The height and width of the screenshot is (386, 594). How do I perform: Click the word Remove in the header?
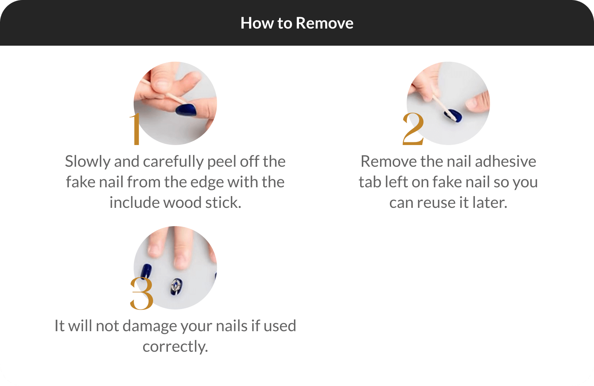pos(324,23)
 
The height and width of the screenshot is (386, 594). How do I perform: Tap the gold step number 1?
pos(136,129)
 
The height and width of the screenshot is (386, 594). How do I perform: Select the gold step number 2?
pos(413,129)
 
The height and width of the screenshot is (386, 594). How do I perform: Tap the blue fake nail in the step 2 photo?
pos(453,116)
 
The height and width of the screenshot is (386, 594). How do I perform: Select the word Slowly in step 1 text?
pos(88,161)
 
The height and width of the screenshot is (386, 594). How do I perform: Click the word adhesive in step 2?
pos(505,161)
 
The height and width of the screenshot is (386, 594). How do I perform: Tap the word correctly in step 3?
pos(175,347)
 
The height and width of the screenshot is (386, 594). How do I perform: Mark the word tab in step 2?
pos(370,182)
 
